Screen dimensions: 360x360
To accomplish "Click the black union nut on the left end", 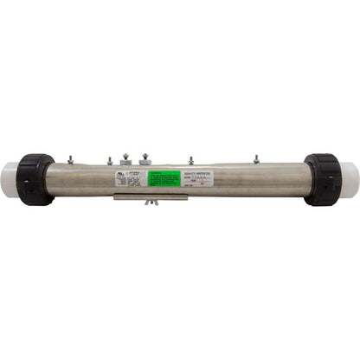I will [36, 179].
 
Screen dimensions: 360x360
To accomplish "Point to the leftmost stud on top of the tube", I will [69, 160].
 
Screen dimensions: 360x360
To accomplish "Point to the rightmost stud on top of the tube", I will [257, 160].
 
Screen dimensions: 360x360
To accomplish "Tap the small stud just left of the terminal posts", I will [110, 161].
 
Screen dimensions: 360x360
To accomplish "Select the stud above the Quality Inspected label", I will [191, 161].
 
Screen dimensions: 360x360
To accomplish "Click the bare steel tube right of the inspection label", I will [273, 179].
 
